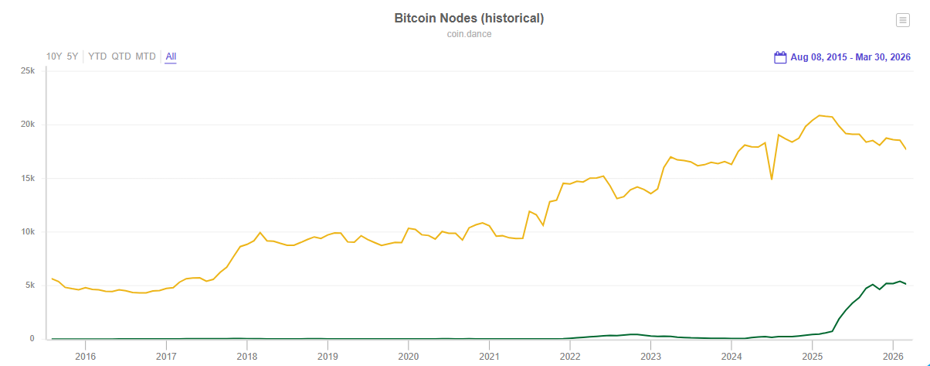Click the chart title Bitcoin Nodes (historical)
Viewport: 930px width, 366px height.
[469, 19]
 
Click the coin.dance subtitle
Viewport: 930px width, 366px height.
[469, 34]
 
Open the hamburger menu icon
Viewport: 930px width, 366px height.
[902, 21]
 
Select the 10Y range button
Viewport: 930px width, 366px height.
[54, 56]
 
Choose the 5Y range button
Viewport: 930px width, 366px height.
[73, 56]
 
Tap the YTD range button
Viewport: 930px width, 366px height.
[97, 56]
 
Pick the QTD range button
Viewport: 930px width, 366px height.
[121, 56]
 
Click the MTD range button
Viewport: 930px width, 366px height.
[145, 56]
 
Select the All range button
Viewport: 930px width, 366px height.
[171, 56]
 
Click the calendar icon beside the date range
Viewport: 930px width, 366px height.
[780, 57]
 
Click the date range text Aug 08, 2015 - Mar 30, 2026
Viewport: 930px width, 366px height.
[850, 57]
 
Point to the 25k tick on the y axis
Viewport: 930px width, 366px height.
[27, 71]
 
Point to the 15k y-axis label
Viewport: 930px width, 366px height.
[27, 178]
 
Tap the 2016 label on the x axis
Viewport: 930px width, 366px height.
[85, 357]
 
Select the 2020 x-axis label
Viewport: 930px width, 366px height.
[408, 357]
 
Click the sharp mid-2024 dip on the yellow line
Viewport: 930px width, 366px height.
[771, 180]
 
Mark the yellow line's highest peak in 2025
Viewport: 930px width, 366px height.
[820, 115]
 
